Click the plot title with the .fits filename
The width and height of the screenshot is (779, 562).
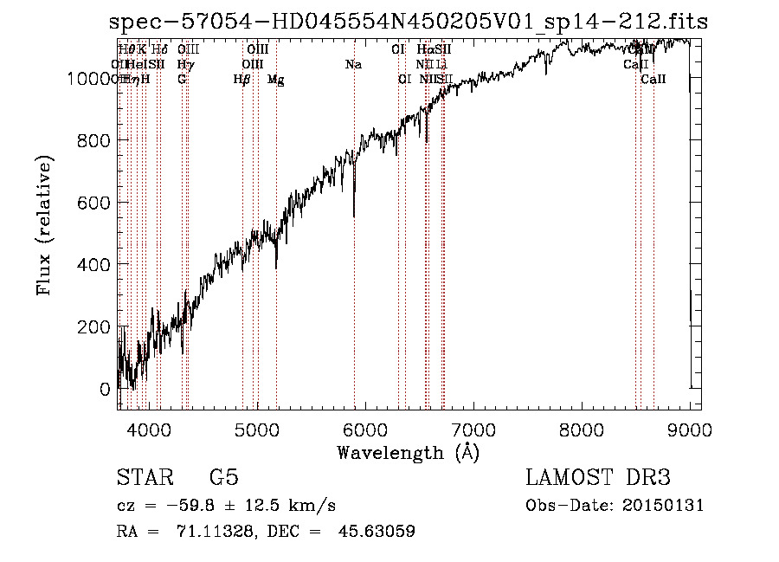409,22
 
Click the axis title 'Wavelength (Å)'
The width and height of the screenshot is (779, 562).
408,452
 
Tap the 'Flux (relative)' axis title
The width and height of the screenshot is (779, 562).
44,225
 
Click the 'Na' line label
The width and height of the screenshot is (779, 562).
353,64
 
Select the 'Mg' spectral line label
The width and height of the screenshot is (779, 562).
276,80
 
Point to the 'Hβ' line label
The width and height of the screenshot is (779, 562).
242,80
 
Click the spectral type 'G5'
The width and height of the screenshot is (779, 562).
223,478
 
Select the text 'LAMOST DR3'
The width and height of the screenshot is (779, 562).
598,478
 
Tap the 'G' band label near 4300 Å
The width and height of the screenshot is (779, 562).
182,80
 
